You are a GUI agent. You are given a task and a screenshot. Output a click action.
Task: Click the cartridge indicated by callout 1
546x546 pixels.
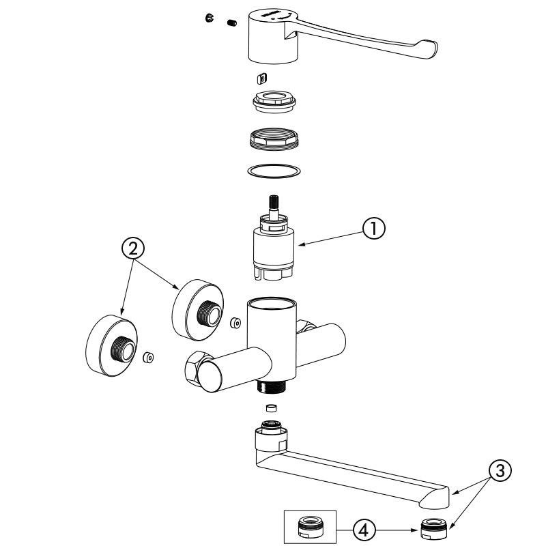click(x=273, y=249)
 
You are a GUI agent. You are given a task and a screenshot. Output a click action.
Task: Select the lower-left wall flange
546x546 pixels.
click(x=111, y=345)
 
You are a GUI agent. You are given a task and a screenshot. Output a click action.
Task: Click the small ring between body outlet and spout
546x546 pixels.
click(x=271, y=409)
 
